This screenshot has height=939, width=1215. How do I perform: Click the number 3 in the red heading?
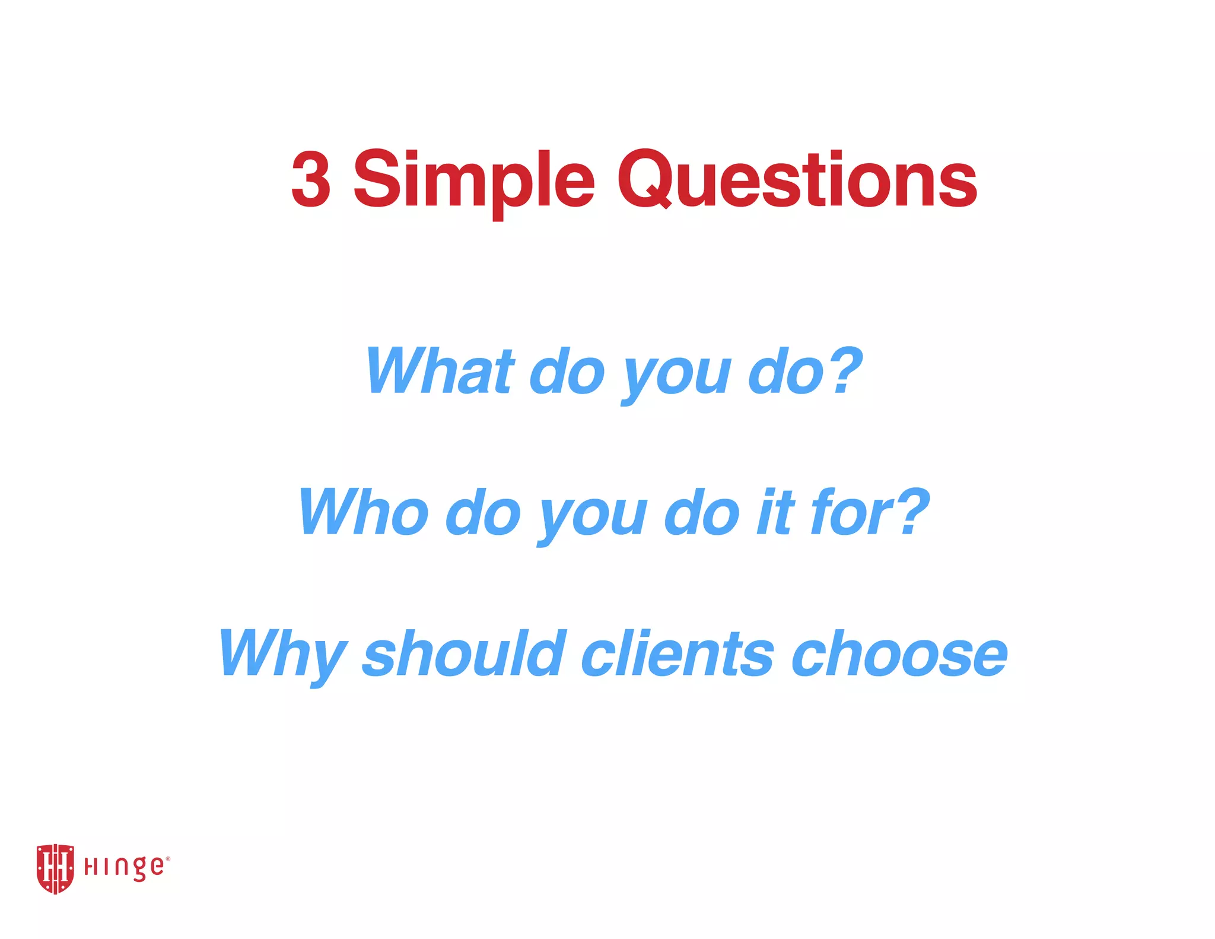tap(311, 179)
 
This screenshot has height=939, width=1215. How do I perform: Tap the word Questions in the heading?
tap(797, 179)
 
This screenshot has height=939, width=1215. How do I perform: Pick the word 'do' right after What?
tap(567, 372)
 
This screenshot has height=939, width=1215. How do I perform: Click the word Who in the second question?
tap(363, 512)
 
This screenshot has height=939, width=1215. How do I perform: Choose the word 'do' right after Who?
tap(482, 512)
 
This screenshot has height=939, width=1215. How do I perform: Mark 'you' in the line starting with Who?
tap(591, 518)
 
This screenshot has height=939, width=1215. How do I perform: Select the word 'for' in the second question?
tap(851, 512)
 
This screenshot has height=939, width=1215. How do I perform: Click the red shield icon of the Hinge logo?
tap(55, 868)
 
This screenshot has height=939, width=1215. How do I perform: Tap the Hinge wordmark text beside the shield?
tap(125, 868)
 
